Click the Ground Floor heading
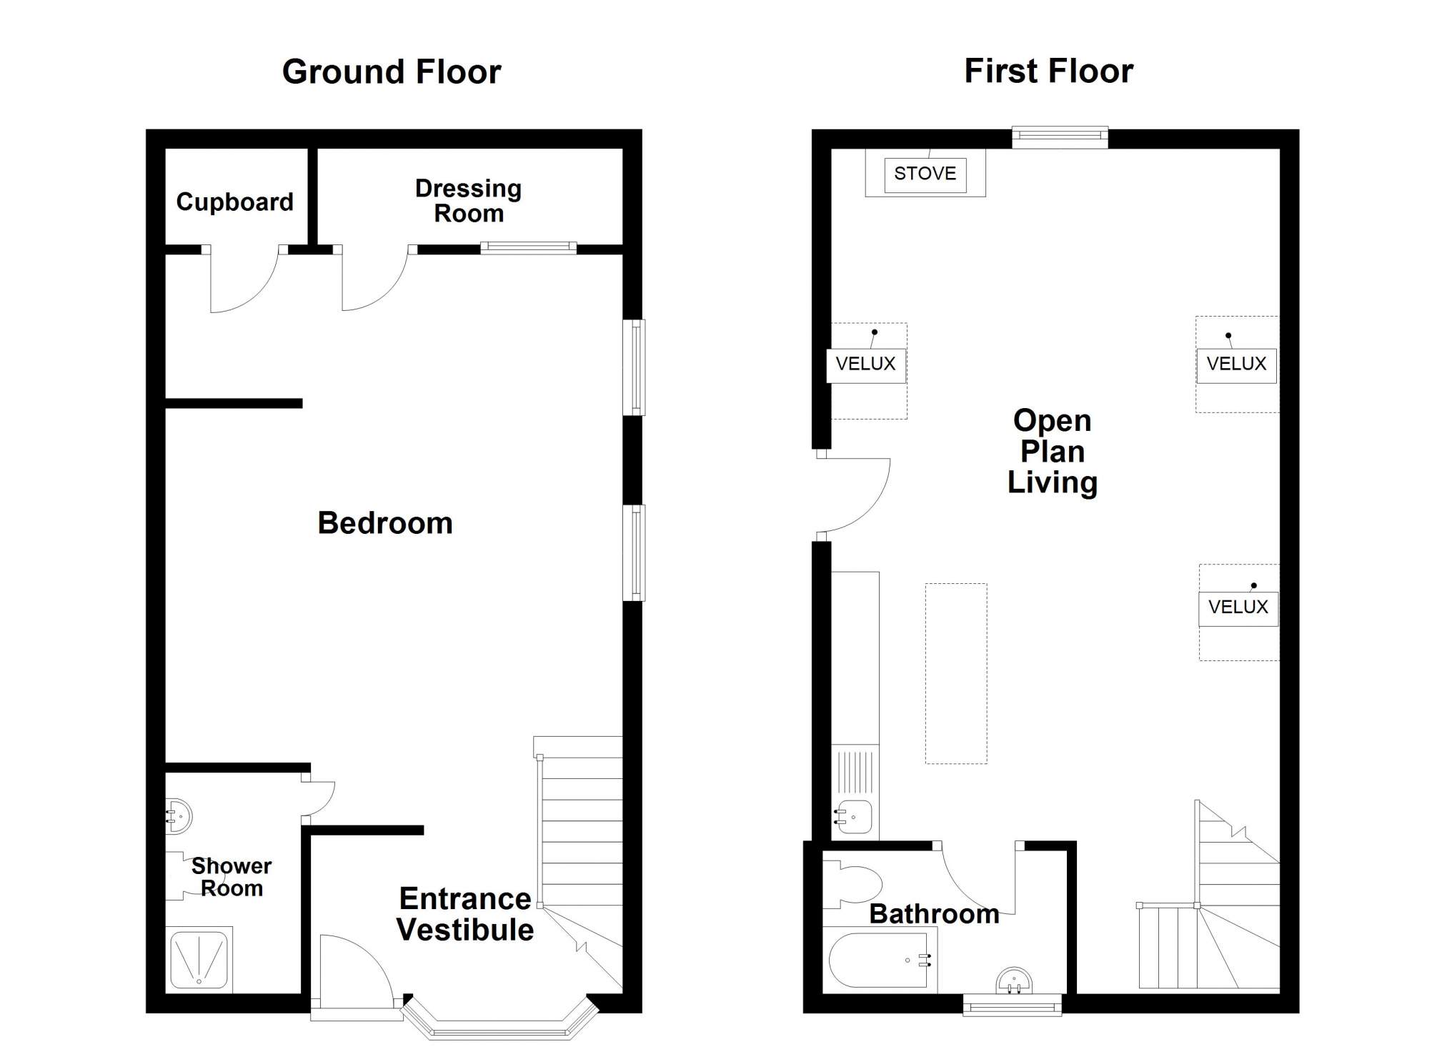(x=392, y=72)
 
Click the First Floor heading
(x=1048, y=71)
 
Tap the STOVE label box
(x=925, y=174)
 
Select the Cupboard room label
(x=234, y=202)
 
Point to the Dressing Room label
(x=469, y=201)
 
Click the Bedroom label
(x=385, y=523)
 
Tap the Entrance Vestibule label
(x=465, y=914)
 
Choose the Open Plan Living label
(x=1053, y=452)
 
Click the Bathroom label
(x=934, y=914)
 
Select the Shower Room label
(x=232, y=877)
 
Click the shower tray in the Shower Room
(x=199, y=959)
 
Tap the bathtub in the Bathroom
(x=880, y=959)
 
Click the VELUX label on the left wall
(x=866, y=364)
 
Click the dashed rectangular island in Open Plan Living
(x=956, y=673)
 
